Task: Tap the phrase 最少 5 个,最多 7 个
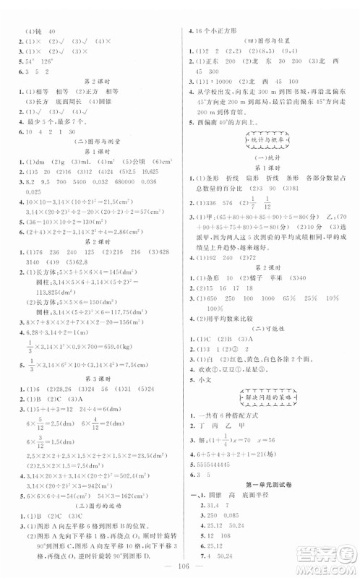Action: (x=54, y=122)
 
